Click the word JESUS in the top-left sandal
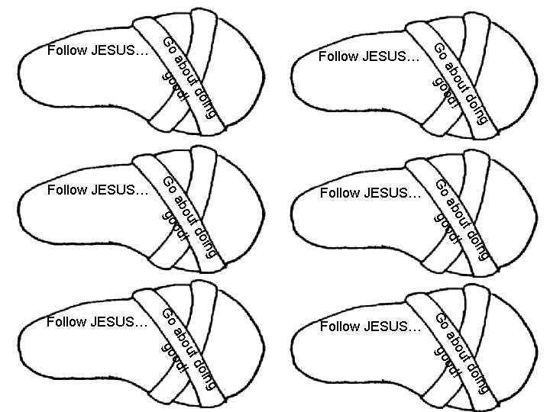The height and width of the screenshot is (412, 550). pos(113,51)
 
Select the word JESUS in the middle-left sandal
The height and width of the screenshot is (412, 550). pos(113,189)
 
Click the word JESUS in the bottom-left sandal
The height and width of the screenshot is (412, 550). pos(113,321)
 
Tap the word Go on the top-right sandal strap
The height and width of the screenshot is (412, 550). pos(440,51)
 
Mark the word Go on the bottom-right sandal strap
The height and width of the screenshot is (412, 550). pos(441,320)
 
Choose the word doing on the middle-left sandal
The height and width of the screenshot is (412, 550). pos(207,240)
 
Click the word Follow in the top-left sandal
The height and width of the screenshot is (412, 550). pos(66,51)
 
